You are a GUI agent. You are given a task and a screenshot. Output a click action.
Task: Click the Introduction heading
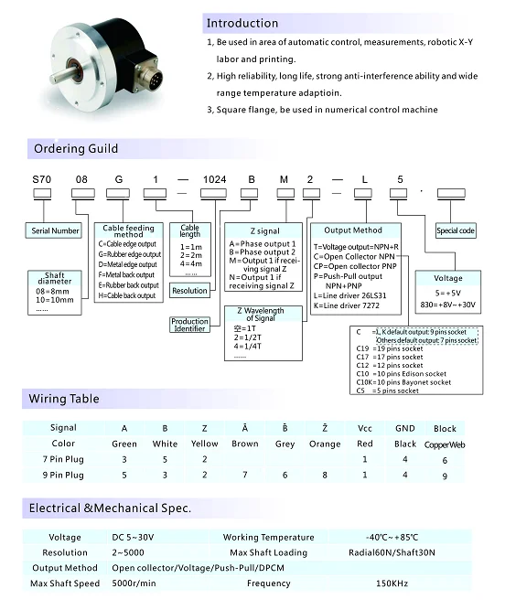pos(242,23)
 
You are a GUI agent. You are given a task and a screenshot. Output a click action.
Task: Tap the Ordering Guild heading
pos(76,149)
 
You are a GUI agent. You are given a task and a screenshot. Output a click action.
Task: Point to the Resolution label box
pos(189,291)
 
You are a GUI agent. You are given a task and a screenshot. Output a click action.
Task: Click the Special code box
pos(455,231)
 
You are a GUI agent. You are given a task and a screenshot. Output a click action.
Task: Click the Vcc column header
pos(365,427)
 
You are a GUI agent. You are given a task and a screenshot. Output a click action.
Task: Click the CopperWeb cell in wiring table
pos(445,444)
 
